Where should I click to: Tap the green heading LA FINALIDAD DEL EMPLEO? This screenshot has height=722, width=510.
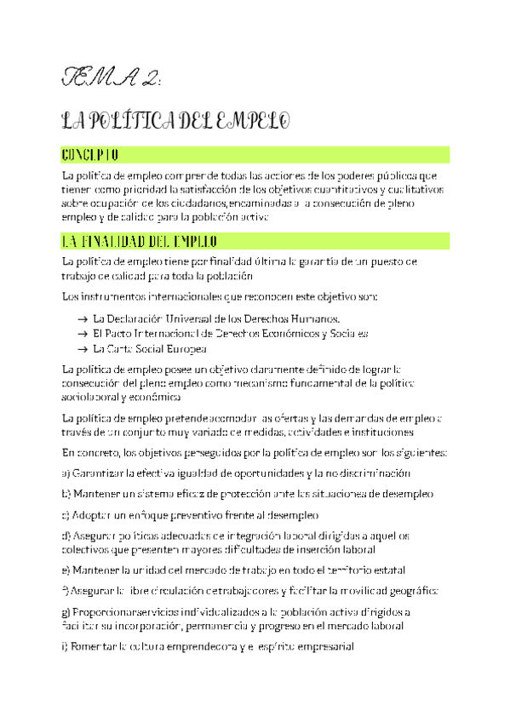(140, 241)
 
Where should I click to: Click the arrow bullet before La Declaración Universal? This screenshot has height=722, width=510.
(82, 318)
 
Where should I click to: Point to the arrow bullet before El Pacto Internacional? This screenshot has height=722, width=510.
(82, 334)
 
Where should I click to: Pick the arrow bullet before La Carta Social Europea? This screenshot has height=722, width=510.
(82, 349)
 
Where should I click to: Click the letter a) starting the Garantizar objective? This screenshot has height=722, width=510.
(66, 473)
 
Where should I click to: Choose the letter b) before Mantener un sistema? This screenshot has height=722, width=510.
(66, 494)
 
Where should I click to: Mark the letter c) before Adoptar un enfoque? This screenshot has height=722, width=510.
(66, 515)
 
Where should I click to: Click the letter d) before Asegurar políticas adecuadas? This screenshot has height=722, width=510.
(66, 536)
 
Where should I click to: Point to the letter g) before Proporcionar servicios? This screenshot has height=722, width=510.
(66, 611)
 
